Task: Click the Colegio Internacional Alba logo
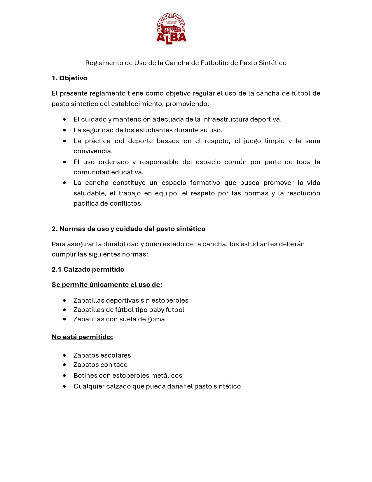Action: (171, 29)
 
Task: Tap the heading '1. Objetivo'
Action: (69, 78)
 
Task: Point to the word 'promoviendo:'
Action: (187, 104)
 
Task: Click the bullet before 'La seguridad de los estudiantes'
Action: (64, 130)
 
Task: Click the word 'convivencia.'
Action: (93, 151)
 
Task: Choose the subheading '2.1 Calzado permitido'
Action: (88, 270)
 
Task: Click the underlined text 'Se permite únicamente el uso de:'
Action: (107, 285)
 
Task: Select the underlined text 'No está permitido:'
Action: (82, 337)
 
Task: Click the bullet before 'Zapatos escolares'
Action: (64, 356)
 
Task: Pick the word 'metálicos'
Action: (168, 376)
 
